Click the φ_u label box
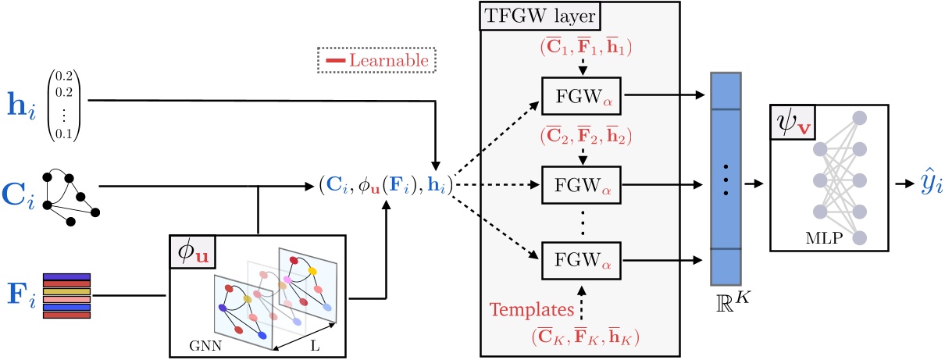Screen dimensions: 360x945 pos(192,252)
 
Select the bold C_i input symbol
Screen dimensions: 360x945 pos(21,188)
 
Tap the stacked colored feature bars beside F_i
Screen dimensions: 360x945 pos(66,296)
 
